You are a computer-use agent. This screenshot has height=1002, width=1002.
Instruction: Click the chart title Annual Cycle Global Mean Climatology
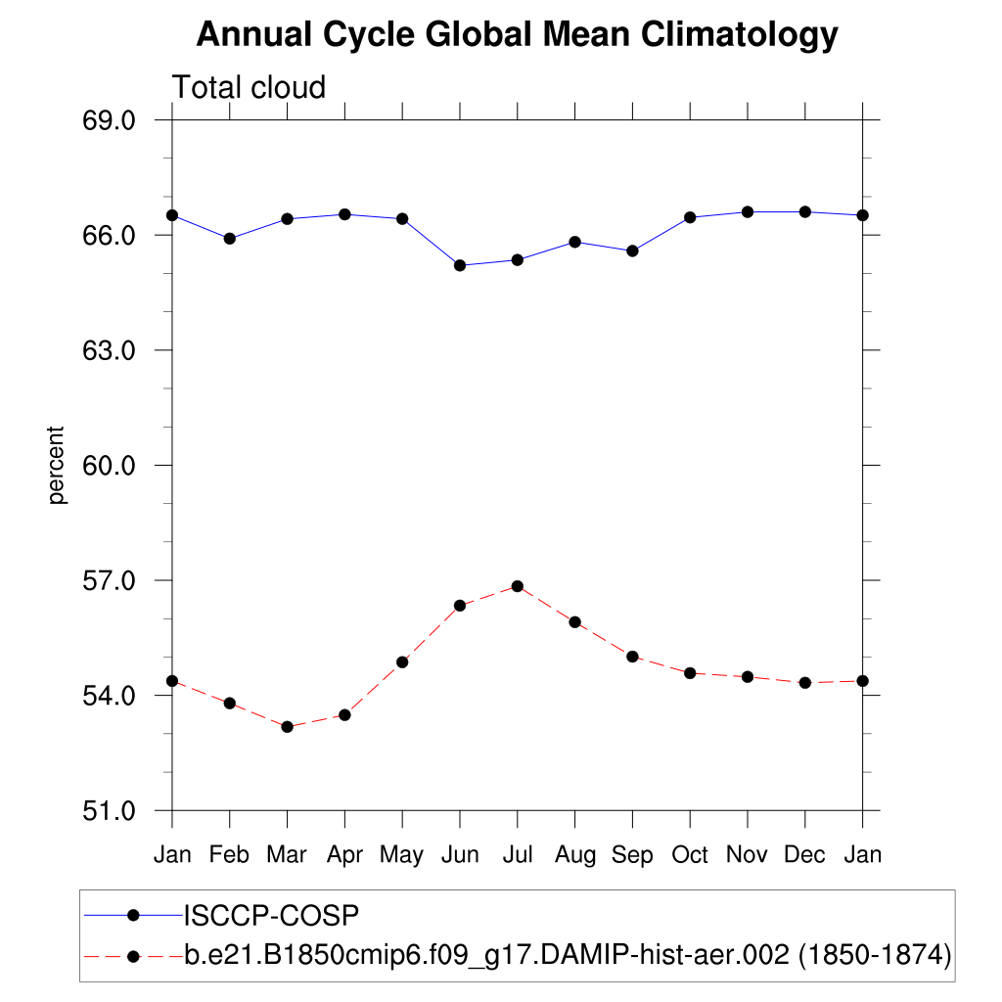tap(517, 35)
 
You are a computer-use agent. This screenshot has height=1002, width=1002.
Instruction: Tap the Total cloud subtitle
tap(249, 87)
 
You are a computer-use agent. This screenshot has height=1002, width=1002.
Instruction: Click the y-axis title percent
tap(58, 465)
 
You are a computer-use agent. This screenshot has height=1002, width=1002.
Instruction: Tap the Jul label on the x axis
tap(517, 855)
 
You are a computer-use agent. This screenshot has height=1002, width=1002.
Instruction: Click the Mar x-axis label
tap(287, 855)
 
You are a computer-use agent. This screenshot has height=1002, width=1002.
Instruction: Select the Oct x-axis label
tap(690, 855)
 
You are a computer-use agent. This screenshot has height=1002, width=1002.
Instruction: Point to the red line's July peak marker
tap(518, 586)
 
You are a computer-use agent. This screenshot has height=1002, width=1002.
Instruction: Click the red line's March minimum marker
tap(287, 727)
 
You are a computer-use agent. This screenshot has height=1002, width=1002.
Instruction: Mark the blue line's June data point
tap(460, 265)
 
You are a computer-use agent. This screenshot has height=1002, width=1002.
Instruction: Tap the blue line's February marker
tap(230, 239)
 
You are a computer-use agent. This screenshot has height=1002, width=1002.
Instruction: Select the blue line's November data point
tap(748, 212)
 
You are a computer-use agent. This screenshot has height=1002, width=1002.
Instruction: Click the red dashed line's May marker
tap(402, 662)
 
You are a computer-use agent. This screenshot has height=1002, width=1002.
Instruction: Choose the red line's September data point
tap(632, 657)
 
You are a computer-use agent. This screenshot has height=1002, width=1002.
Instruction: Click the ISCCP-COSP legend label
tap(272, 916)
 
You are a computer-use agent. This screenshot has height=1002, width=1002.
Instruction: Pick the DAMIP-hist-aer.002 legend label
tap(568, 954)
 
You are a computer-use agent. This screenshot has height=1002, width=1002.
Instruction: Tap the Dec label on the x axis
tap(804, 855)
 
